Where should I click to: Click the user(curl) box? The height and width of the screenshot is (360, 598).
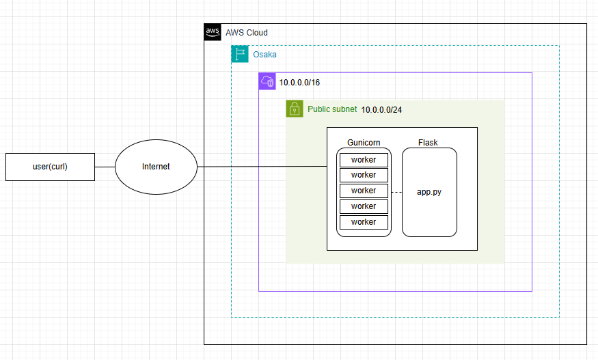50,167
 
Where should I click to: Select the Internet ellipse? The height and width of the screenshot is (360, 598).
156,167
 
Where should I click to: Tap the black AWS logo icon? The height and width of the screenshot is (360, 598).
213,32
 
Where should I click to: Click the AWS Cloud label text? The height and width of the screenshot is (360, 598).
247,33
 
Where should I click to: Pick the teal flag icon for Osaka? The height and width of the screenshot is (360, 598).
240,54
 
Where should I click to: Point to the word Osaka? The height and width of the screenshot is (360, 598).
265,54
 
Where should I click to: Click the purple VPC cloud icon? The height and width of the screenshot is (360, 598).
267,81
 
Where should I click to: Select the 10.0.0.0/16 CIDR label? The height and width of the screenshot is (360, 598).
299,82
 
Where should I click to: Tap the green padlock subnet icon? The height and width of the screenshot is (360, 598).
295,109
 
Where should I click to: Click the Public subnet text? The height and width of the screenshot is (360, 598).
332,109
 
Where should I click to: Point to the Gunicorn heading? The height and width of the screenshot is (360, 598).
364,143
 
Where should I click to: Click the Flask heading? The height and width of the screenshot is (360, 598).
428,143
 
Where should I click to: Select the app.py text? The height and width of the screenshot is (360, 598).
429,192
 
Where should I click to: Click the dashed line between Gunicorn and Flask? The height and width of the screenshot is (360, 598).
396,192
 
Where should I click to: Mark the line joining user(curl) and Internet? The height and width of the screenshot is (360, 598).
105,167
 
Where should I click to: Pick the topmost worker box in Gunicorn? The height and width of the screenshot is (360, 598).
364,160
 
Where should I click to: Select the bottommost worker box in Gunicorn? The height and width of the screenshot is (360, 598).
364,222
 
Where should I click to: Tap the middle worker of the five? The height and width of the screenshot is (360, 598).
364,191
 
